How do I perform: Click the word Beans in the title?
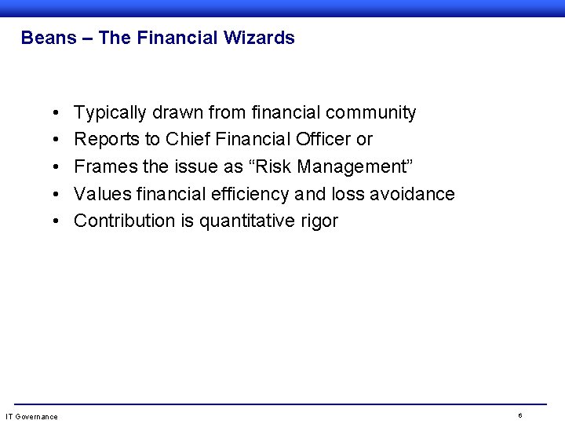click(44, 37)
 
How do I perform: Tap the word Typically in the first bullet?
click(110, 113)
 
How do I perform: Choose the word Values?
click(100, 193)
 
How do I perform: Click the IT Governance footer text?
click(31, 415)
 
